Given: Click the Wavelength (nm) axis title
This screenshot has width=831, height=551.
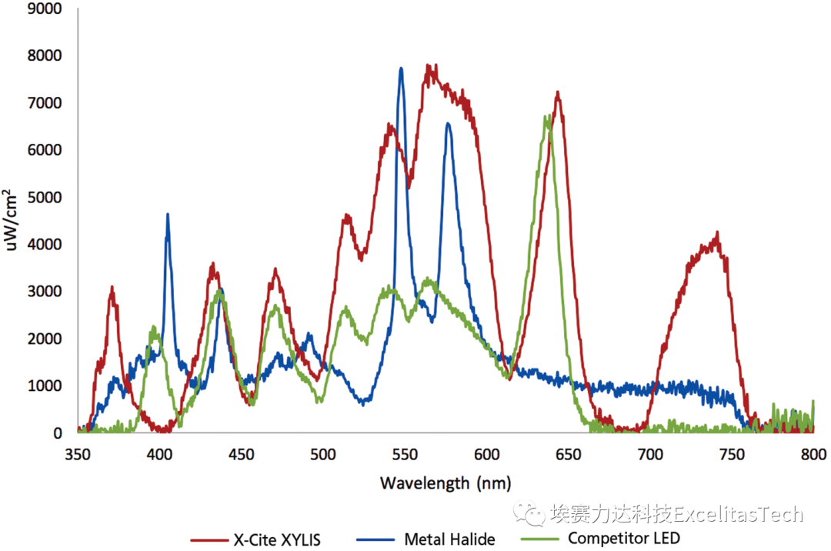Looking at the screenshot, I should pos(445,483).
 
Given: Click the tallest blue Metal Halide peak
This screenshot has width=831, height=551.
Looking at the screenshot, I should pos(401,68).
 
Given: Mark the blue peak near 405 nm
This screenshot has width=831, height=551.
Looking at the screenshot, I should pos(168,215).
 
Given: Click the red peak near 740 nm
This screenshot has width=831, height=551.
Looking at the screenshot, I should pos(717,233).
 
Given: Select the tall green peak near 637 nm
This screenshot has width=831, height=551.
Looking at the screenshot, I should pos(547,117).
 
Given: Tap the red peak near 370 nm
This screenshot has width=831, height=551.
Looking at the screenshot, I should pos(112,288).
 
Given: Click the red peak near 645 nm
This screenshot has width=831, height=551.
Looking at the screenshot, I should pos(557,93).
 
